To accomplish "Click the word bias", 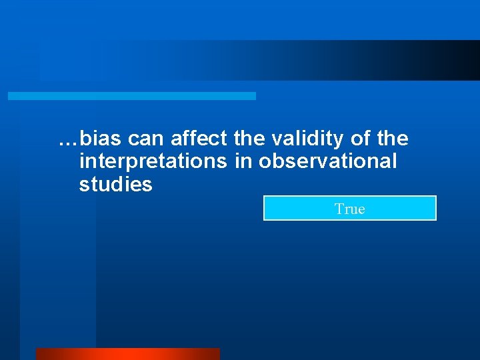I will tap(101, 139).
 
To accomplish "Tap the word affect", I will tap(199, 139).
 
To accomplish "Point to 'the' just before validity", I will tap(249, 139).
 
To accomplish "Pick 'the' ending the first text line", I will tap(393, 139).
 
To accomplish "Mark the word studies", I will tap(115, 185).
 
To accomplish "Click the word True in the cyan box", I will tap(350, 209).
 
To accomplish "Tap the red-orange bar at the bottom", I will tap(127, 354).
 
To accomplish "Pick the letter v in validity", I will tap(277, 139).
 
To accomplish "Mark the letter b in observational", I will tap(276, 161).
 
